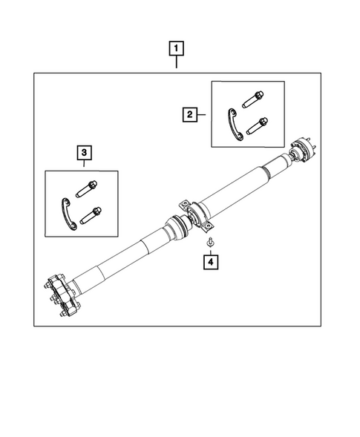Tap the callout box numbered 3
coord(85,153)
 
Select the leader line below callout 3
coord(85,166)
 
